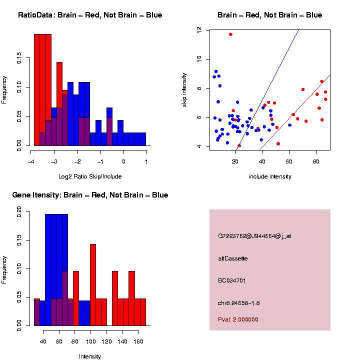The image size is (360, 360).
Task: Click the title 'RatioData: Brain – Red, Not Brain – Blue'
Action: pyautogui.click(x=90, y=15)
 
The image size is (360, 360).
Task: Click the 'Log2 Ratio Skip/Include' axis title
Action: pyautogui.click(x=90, y=176)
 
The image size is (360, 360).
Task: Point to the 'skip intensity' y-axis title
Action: pyautogui.click(x=184, y=88)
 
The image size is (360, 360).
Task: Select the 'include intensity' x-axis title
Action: pyautogui.click(x=270, y=176)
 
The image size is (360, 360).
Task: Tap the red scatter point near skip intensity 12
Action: pyautogui.click(x=230, y=34)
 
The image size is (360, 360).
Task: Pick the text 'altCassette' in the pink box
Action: pyautogui.click(x=233, y=258)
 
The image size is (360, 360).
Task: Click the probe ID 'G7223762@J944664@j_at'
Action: pyautogui.click(x=254, y=236)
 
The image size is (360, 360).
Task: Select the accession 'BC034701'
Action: pyautogui.click(x=231, y=280)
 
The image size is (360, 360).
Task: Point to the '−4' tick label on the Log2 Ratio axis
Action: pyautogui.click(x=31, y=162)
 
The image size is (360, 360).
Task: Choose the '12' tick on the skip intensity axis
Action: pyautogui.click(x=199, y=30)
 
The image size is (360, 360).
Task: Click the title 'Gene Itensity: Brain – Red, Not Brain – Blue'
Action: pyautogui.click(x=90, y=195)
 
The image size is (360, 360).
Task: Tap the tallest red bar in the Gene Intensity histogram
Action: pyautogui.click(x=93, y=284)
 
